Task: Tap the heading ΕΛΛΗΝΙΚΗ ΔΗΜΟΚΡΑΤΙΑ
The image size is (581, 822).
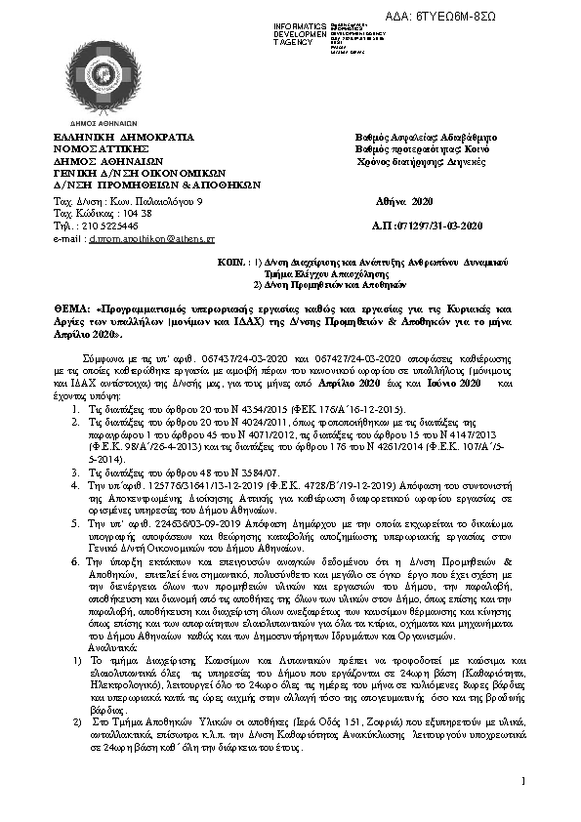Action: pos(109,139)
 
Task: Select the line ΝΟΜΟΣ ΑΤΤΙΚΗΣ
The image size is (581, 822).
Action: pos(96,149)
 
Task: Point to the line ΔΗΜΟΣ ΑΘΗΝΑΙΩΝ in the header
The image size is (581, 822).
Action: pos(101,160)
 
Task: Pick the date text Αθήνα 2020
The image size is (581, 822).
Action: pos(403,200)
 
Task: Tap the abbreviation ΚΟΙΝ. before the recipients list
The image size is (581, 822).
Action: pos(229,264)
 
